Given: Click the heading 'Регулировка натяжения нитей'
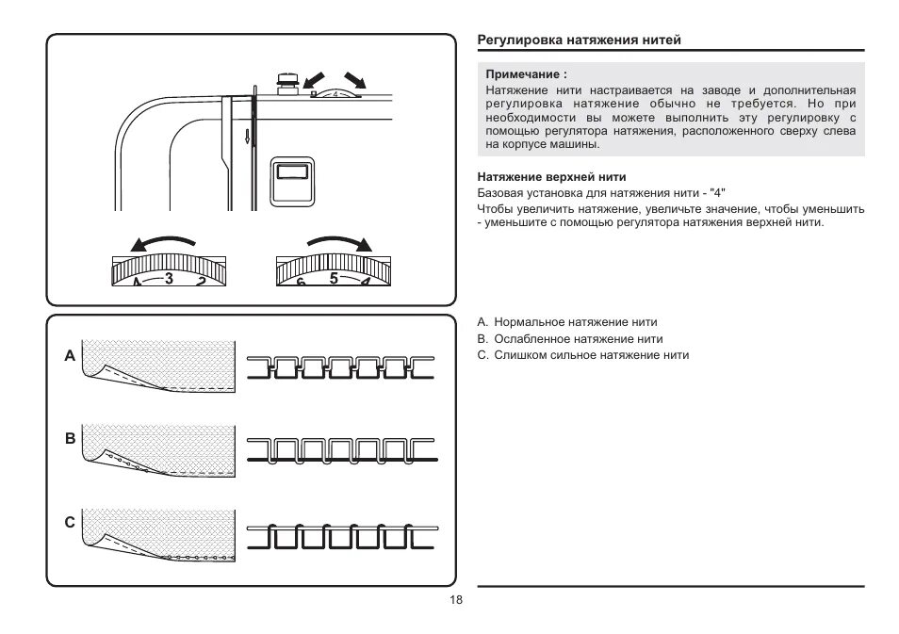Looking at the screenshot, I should pos(579,40).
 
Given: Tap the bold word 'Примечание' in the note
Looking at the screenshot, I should pos(525,73).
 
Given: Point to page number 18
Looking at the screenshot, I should pos(455,600).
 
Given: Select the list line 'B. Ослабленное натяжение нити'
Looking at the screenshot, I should pos(569,338).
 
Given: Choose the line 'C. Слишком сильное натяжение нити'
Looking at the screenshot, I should pos(582,355).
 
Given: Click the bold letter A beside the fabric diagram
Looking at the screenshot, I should pos(69,357).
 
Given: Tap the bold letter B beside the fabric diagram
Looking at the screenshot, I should pos(69,439).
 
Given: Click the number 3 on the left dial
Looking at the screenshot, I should pos(170,278).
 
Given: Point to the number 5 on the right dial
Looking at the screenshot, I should pos(334,278).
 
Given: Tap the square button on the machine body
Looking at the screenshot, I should pos(289,180).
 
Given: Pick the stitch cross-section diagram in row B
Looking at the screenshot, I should pos(340,449).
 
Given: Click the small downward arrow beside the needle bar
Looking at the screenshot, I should pos(247,137).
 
